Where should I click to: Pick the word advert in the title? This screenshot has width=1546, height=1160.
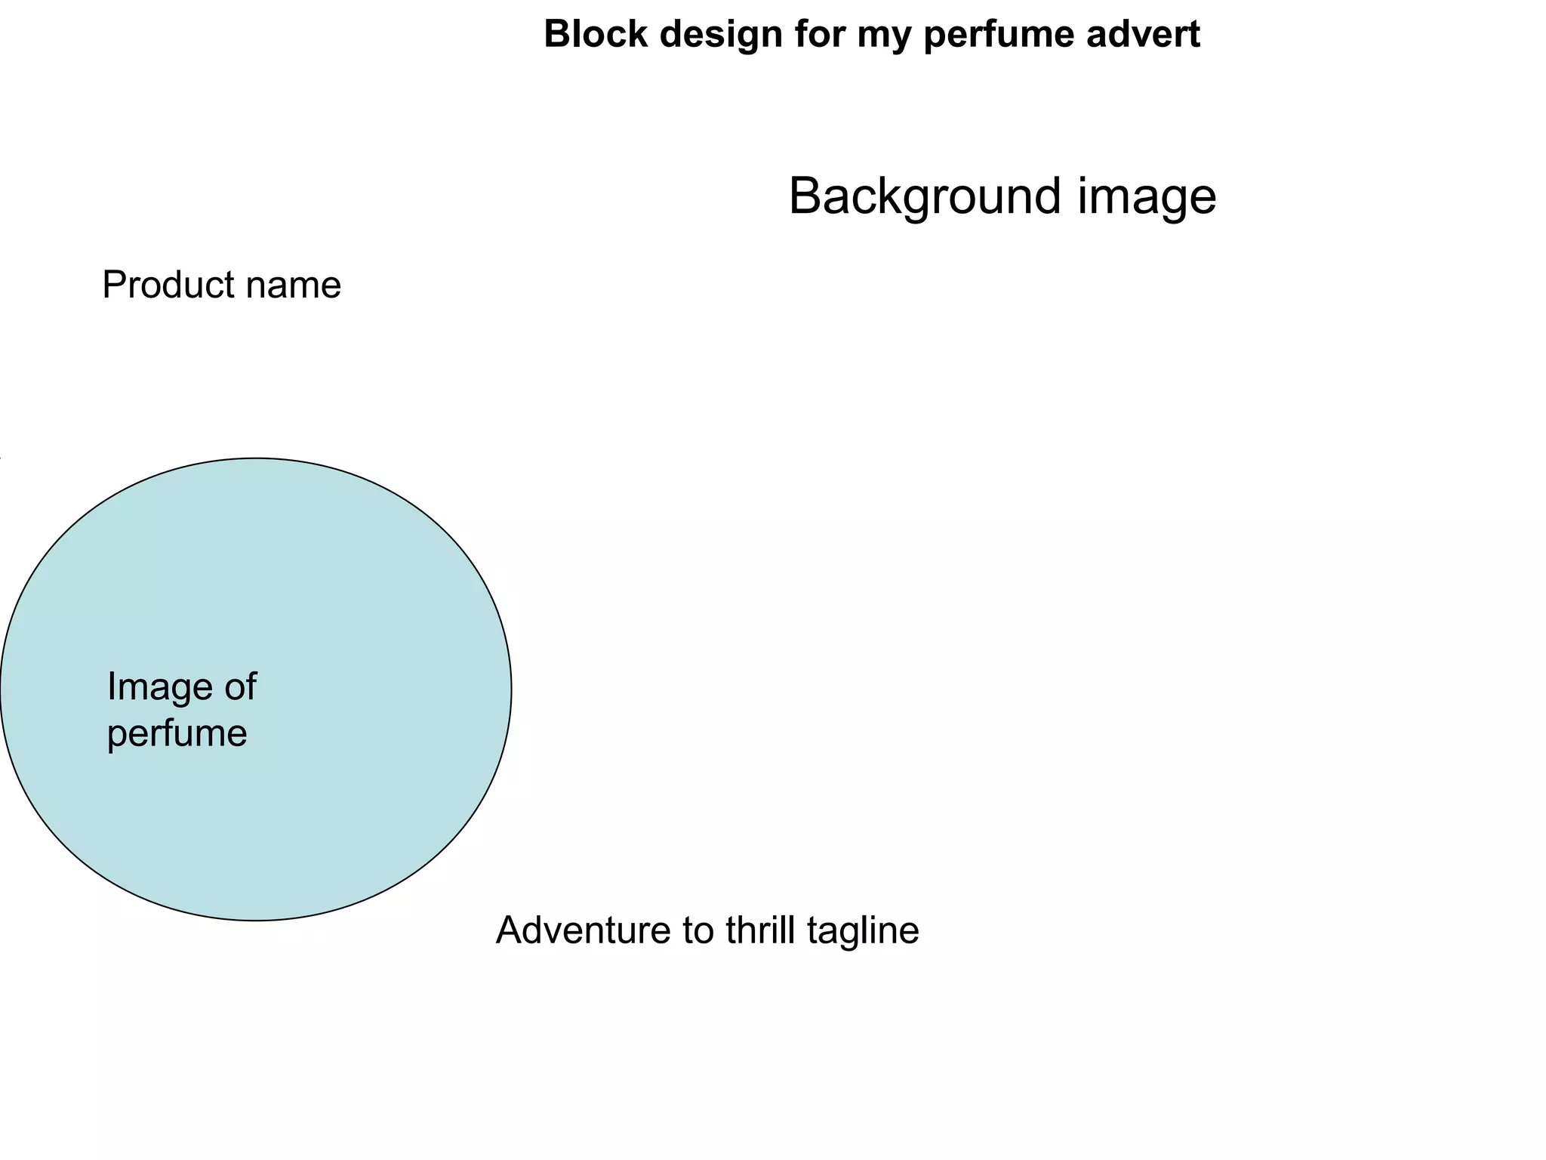tap(1143, 35)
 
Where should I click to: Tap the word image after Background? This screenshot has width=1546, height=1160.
tap(1147, 197)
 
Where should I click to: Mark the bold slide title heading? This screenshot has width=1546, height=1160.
tap(872, 35)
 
